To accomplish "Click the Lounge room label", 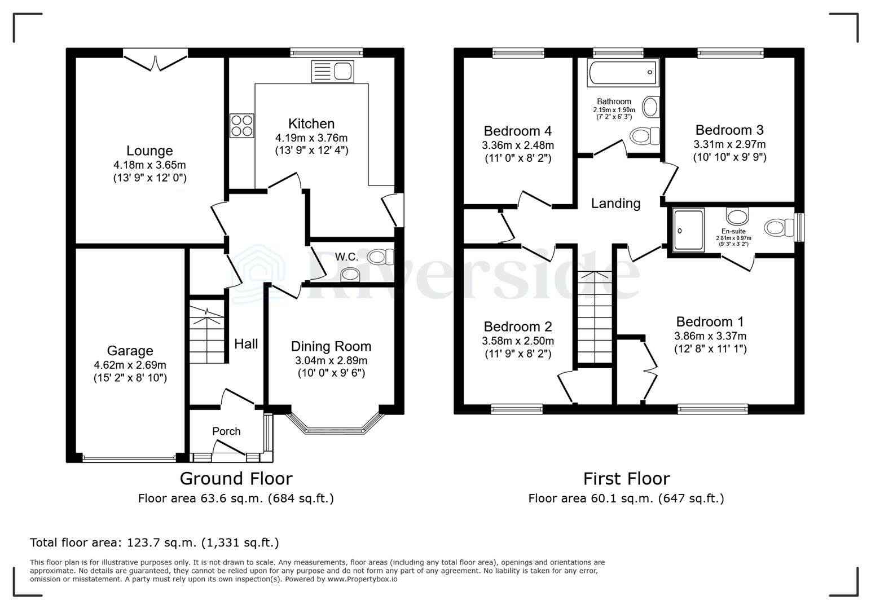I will tap(149, 151).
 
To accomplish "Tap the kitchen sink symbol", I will tap(333, 72).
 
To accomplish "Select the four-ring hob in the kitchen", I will tap(241, 125).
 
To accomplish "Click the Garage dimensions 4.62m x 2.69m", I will tap(130, 365).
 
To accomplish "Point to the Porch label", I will tap(226, 431).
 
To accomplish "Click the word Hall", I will tap(246, 344).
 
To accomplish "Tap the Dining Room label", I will tap(331, 346).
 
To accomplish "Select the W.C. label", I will tap(346, 257).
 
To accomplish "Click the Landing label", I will tap(615, 204).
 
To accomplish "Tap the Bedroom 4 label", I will tap(517, 131).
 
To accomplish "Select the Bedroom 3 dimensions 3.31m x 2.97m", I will tap(729, 144).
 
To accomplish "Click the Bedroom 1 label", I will tap(710, 321).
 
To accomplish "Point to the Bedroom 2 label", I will tap(517, 326).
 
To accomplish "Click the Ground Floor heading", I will tap(236, 479).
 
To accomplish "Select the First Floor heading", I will tap(626, 479).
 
